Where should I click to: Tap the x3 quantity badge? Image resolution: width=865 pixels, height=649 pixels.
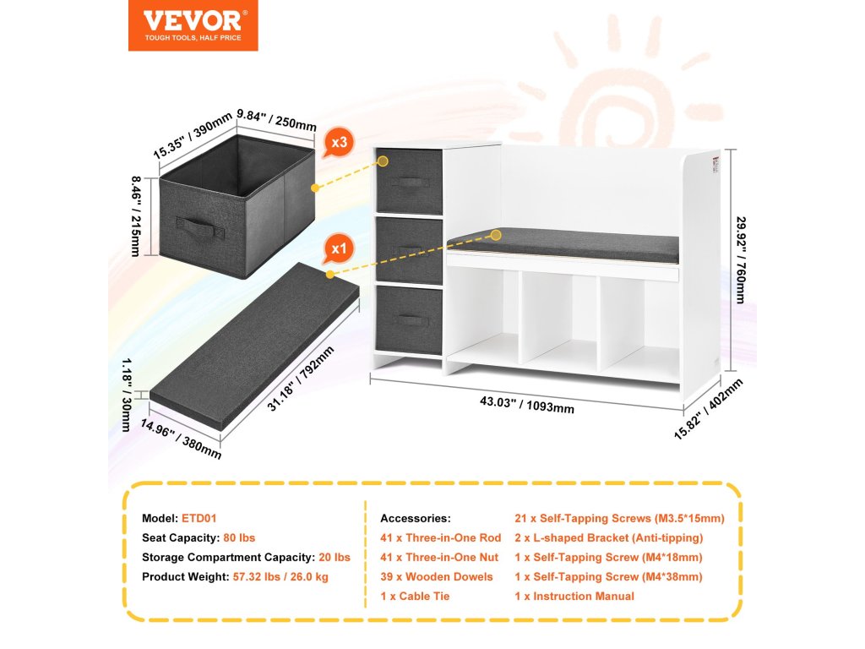[x=339, y=144]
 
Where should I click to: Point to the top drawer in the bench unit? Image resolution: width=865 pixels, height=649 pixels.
[x=409, y=182]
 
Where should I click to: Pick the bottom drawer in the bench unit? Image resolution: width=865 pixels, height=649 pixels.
[x=409, y=319]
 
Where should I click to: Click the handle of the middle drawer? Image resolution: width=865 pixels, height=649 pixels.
[x=409, y=250]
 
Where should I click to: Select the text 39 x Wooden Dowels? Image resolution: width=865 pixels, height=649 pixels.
[x=437, y=576]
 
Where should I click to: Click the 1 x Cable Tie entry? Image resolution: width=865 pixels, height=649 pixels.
[x=415, y=596]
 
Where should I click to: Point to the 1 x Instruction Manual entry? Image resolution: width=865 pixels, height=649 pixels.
[x=574, y=596]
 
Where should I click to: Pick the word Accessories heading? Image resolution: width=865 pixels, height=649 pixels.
[x=416, y=518]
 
